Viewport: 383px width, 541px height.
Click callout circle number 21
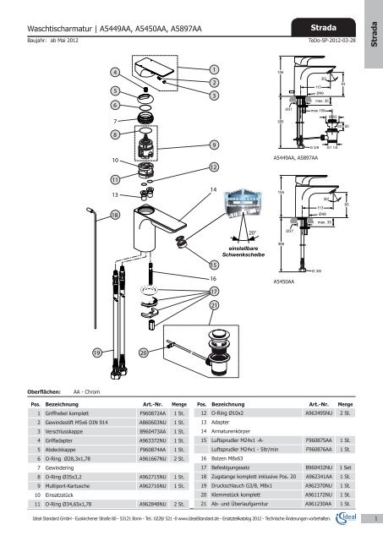tap(214, 304)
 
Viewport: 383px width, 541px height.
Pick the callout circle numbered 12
tap(214, 167)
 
